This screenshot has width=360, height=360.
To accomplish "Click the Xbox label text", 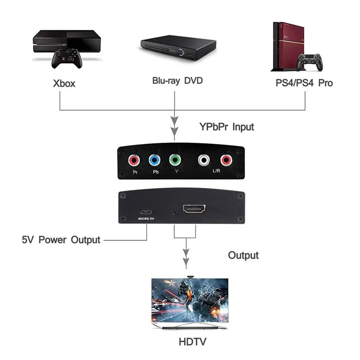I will coord(64,83).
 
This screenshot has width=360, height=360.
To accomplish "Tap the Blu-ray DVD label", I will coord(177,81).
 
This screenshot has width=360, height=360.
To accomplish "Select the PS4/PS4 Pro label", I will coord(304,83).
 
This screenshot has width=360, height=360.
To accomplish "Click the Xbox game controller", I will coord(67,58).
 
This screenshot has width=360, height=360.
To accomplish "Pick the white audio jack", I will coord(203,160).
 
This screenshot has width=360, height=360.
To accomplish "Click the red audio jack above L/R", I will coord(226,160).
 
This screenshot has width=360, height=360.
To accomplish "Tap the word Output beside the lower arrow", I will coord(243,255).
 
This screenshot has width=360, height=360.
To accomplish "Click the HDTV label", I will coord(192,342).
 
